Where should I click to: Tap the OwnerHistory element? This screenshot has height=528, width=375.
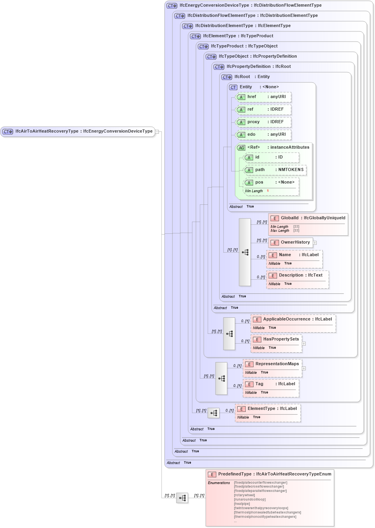(x=295, y=242)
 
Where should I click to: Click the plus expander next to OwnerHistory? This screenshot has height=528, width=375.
(x=315, y=243)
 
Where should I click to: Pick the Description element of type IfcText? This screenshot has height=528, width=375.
(x=300, y=275)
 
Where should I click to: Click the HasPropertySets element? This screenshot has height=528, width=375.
(x=281, y=339)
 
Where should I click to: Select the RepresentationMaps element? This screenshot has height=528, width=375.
(x=277, y=364)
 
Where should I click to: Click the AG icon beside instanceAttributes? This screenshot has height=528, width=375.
(x=241, y=148)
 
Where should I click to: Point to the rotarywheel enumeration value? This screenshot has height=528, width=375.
(x=245, y=495)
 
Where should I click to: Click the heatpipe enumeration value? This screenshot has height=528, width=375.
(x=242, y=504)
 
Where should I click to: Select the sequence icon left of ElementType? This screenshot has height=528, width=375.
(x=214, y=413)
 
